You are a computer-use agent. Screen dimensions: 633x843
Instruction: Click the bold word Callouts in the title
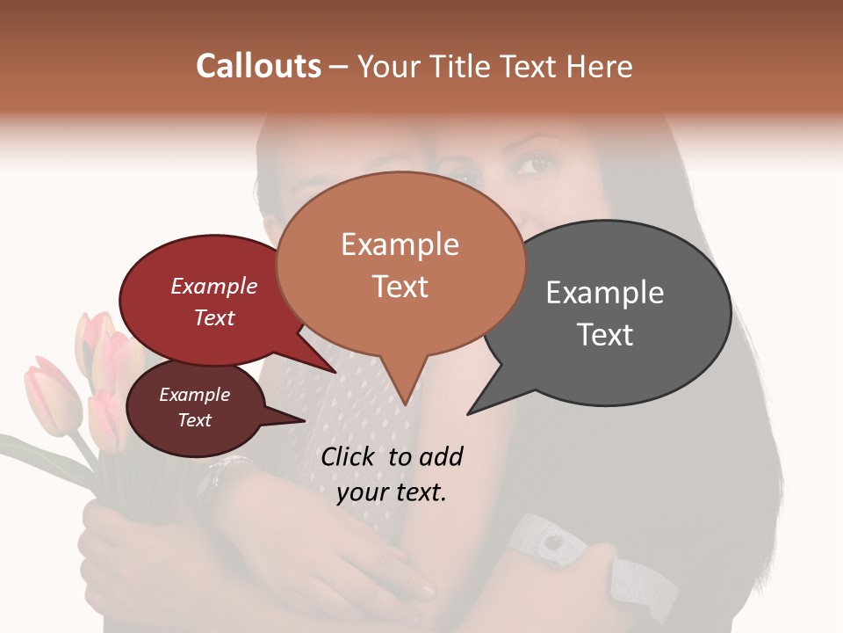pos(258,66)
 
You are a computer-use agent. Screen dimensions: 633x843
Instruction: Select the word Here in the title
pos(601,66)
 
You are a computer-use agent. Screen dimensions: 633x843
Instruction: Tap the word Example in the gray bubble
pos(605,293)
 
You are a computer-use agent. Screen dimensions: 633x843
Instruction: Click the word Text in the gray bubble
pos(605,334)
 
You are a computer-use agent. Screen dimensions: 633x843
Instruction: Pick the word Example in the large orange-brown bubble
pos(400,244)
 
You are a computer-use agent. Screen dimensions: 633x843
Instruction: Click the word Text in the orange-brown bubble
pos(400,286)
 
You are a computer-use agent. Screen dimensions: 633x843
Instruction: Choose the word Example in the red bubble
pos(214,286)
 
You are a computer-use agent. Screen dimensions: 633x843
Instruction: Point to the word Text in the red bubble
pos(214,317)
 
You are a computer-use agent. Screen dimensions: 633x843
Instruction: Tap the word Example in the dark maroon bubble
pos(195,395)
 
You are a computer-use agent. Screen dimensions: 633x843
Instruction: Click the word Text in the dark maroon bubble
pos(195,420)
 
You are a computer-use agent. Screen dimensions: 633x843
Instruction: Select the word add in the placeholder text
pos(441,456)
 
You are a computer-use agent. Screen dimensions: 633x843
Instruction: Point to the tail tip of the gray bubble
pos(468,413)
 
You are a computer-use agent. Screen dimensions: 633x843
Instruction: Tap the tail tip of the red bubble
pos(336,372)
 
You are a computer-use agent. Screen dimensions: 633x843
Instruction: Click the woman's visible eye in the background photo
pos(539,164)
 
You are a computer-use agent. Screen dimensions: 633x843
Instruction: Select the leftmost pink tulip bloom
pos(51,396)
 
